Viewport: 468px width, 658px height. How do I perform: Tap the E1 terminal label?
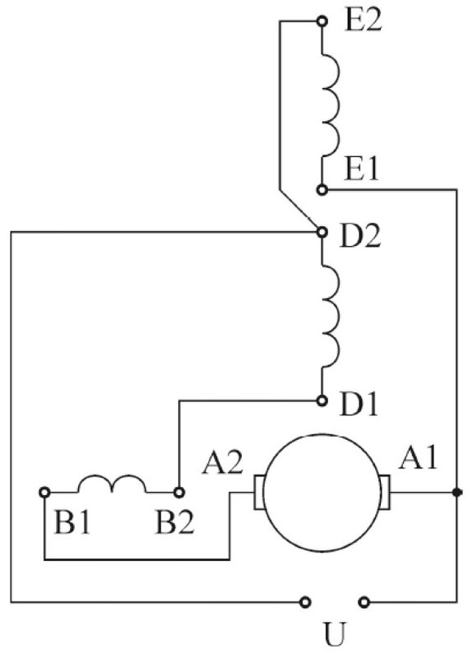click(361, 170)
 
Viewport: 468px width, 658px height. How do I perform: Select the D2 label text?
click(360, 236)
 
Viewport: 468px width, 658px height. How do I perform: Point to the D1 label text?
click(359, 405)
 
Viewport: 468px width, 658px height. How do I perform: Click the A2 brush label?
click(222, 463)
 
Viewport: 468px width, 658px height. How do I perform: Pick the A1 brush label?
click(418, 458)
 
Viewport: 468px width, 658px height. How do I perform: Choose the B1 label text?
click(72, 523)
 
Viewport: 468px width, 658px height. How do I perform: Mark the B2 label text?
click(175, 523)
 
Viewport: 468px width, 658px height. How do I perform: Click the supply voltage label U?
click(335, 634)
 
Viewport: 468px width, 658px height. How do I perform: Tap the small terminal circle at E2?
click(322, 21)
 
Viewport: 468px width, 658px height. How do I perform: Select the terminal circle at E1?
click(322, 190)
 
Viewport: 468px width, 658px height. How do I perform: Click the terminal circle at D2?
click(322, 232)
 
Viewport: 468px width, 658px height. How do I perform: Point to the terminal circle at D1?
click(322, 401)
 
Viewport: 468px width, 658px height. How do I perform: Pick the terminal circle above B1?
click(44, 492)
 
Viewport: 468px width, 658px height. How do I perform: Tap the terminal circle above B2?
click(179, 492)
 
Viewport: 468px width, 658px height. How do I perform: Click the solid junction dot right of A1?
click(456, 492)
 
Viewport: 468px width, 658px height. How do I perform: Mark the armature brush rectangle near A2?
click(259, 492)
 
